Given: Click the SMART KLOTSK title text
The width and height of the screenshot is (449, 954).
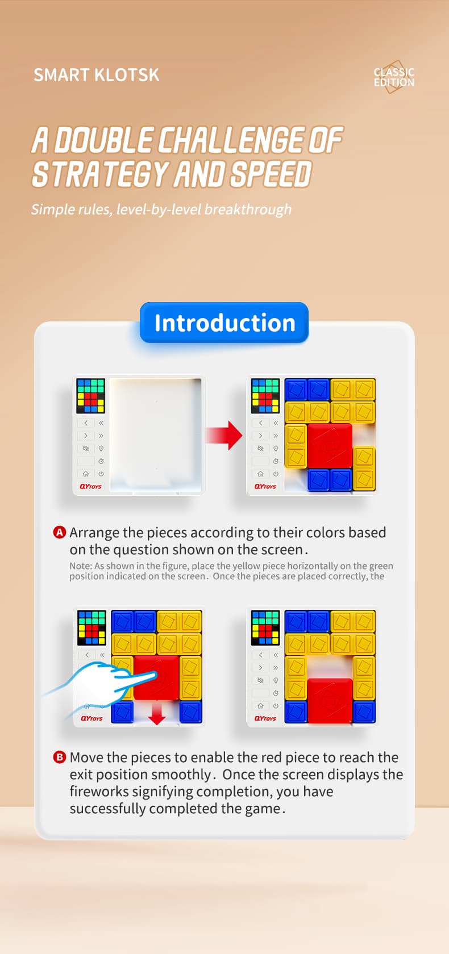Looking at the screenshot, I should click(x=96, y=75).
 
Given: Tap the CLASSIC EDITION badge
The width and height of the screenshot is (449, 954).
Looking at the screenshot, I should click(x=394, y=77).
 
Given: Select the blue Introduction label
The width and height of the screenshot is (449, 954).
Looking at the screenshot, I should click(x=224, y=323).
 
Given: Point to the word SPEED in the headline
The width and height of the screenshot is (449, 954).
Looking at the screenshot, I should click(x=271, y=174).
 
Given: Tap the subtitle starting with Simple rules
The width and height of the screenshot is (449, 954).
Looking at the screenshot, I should click(x=161, y=210).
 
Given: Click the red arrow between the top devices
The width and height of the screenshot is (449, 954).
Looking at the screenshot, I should click(x=224, y=436).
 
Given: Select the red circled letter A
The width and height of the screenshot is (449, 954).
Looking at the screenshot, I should click(x=60, y=532).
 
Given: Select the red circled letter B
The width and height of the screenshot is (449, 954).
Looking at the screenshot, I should click(x=60, y=757).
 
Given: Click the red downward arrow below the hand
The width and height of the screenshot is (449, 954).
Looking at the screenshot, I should click(x=157, y=713).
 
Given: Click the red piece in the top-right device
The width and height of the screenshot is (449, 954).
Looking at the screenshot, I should click(x=330, y=446).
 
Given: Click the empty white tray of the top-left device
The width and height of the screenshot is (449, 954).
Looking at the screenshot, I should click(x=156, y=434).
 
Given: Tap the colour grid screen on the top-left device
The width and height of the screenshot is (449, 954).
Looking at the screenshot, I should click(x=91, y=396).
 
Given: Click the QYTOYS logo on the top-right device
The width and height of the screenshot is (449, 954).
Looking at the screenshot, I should click(x=265, y=487).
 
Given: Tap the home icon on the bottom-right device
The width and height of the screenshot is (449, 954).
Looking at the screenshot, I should click(x=260, y=706).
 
